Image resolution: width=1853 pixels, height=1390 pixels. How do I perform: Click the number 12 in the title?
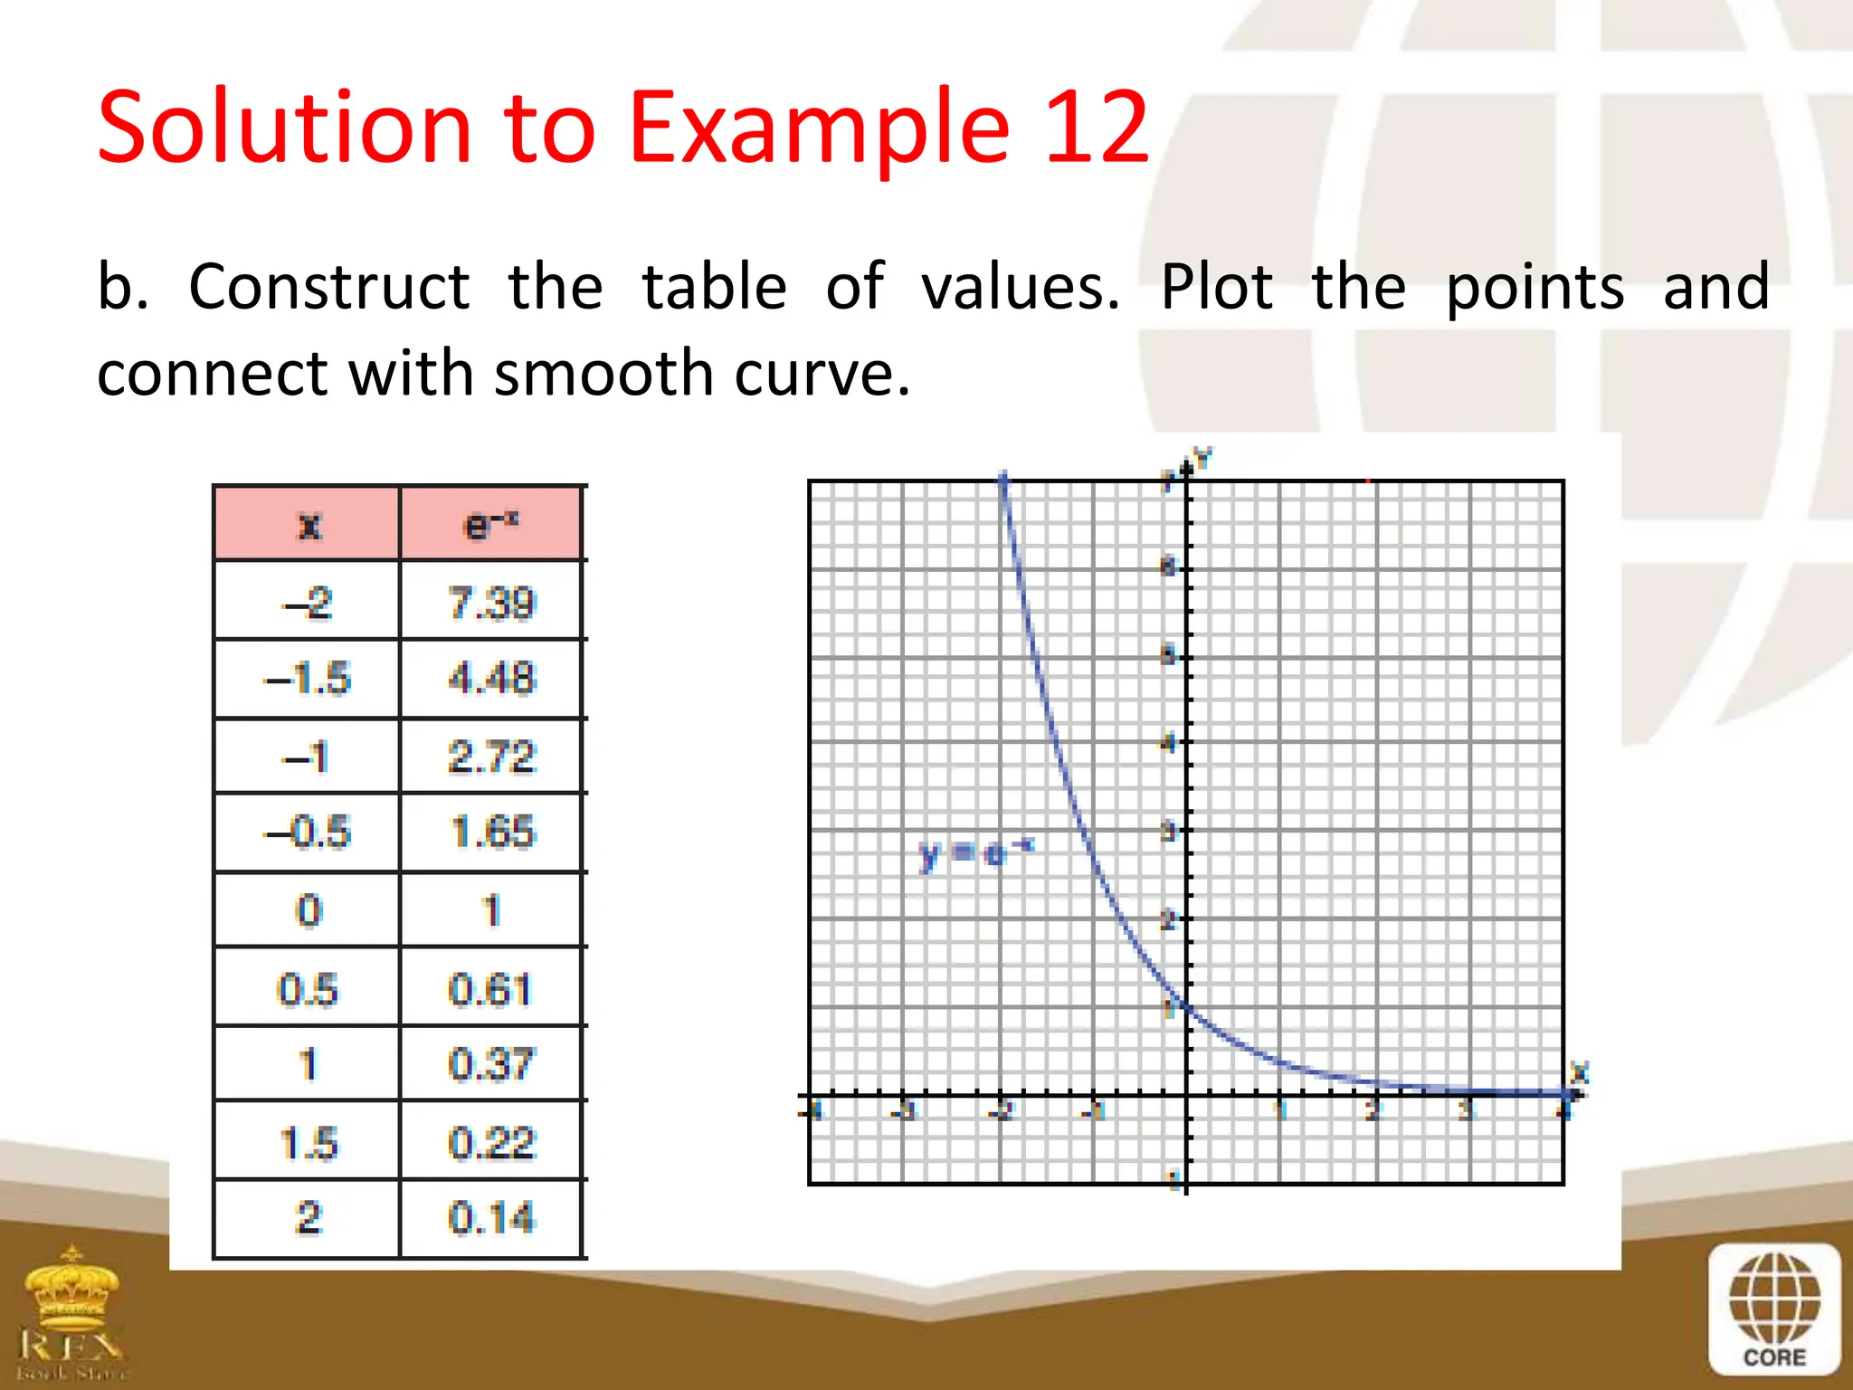[1097, 128]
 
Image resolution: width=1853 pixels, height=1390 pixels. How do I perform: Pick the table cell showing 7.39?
[491, 603]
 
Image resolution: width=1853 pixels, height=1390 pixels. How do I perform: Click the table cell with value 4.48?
[491, 679]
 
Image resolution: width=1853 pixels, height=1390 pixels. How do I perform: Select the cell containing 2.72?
[491, 757]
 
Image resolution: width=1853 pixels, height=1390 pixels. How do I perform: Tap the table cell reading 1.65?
[491, 833]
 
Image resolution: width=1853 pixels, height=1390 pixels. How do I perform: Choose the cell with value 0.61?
[491, 988]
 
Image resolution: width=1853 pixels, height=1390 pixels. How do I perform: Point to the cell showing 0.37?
[491, 1064]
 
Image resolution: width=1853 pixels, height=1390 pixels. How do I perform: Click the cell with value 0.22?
[491, 1142]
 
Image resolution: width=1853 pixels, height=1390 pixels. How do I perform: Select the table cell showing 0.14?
[491, 1218]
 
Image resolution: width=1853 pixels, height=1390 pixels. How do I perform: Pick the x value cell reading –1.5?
[308, 679]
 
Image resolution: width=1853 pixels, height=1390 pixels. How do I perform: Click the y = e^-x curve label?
[975, 853]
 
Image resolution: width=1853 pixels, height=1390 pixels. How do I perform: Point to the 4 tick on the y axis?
[1169, 744]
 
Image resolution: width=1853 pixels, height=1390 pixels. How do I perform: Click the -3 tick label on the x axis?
[906, 1110]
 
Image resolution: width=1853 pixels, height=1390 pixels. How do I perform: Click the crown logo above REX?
[72, 1285]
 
